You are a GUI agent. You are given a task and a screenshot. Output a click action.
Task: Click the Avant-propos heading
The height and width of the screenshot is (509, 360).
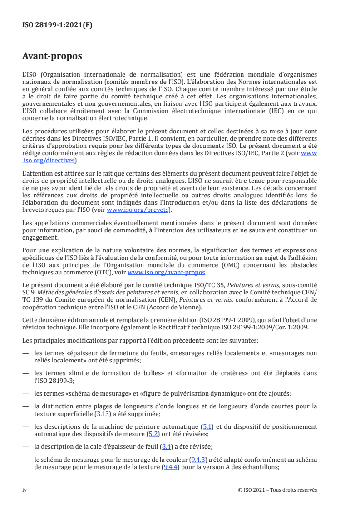52,57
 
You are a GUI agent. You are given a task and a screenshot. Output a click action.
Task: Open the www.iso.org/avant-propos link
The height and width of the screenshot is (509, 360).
167,273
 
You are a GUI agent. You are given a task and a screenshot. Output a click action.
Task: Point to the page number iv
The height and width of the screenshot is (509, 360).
25,490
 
